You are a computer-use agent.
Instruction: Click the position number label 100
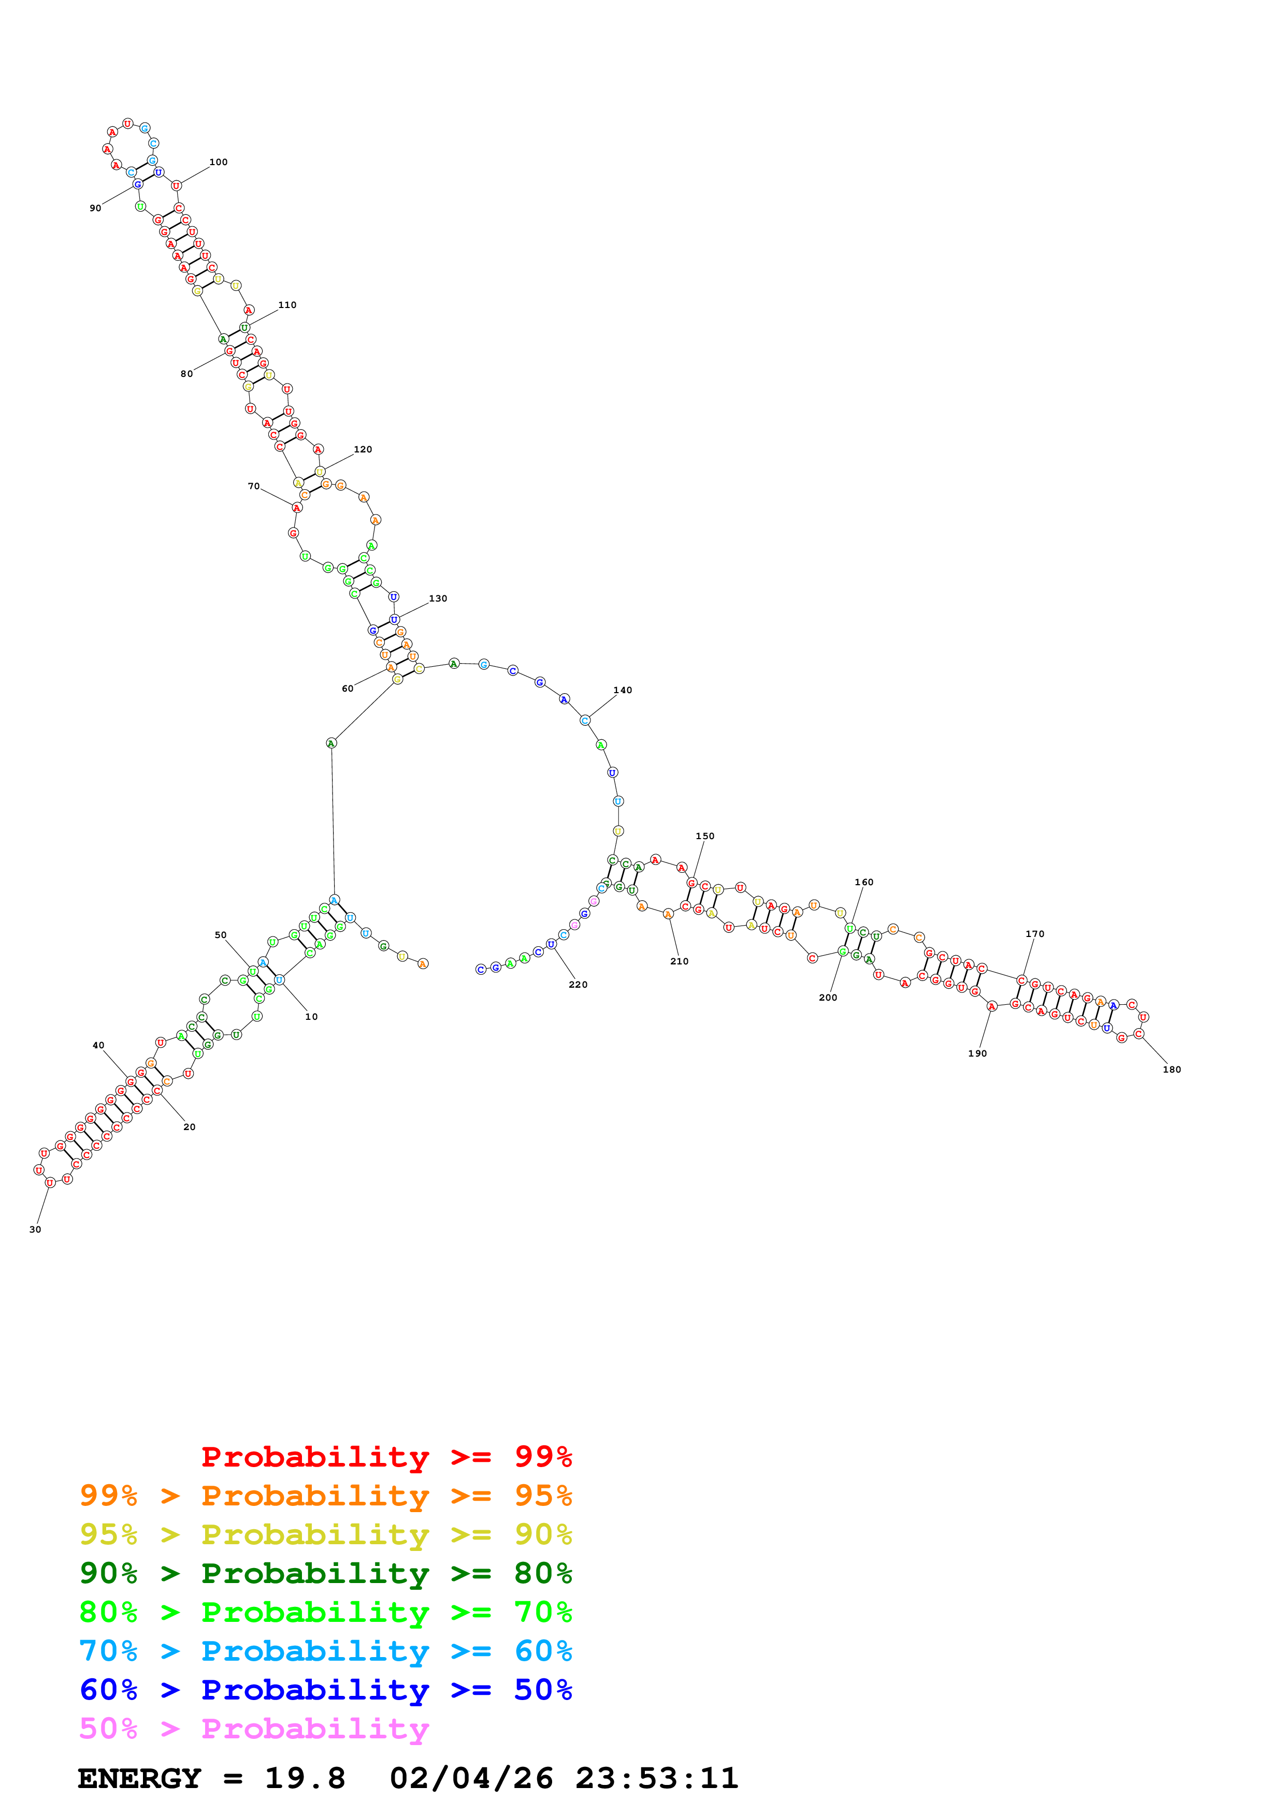(x=219, y=162)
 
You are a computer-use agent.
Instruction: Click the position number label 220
(x=579, y=985)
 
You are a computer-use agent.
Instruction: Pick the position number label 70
(x=254, y=487)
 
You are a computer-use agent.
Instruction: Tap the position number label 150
(x=705, y=836)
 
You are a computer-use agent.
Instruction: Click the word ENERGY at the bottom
(x=139, y=1778)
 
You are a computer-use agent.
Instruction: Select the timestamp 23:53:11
(x=657, y=1778)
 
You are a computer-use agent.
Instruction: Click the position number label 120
(x=363, y=449)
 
